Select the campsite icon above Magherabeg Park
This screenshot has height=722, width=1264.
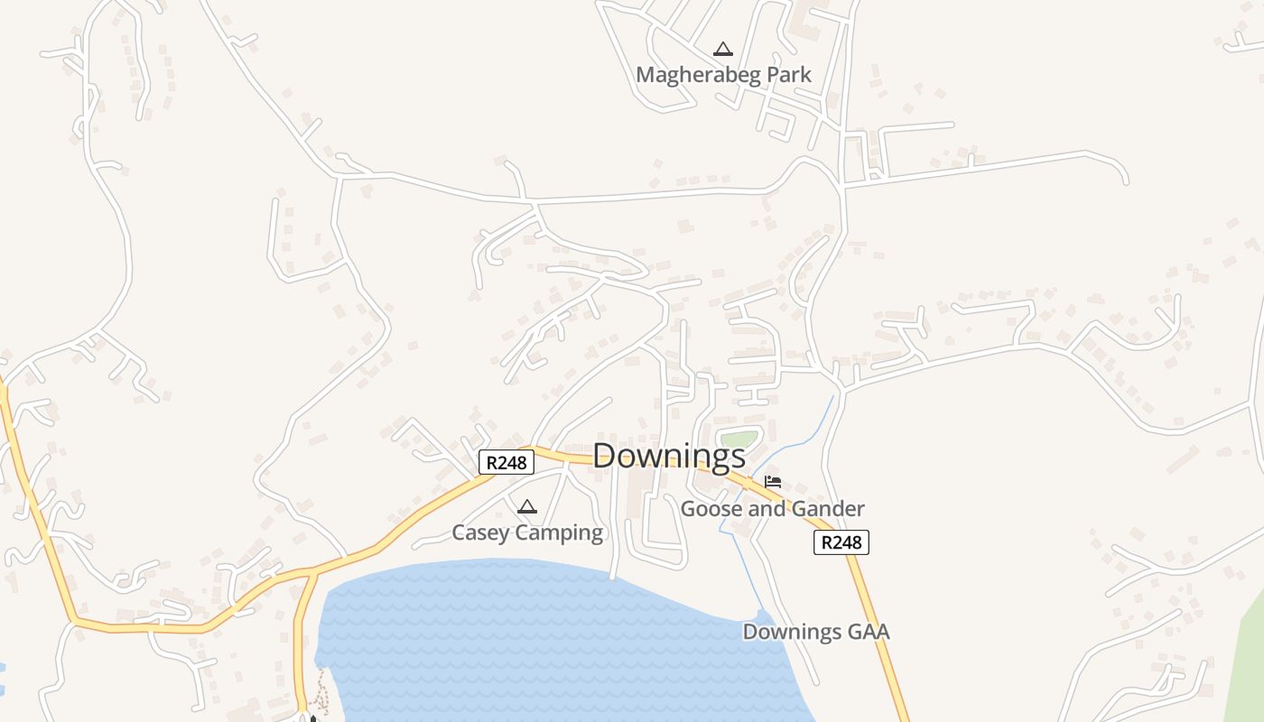[722, 49]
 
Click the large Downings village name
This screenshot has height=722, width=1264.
[669, 456]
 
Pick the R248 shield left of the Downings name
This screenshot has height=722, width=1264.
[506, 463]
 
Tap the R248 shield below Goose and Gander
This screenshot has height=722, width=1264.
[841, 542]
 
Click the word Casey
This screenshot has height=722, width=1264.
[481, 532]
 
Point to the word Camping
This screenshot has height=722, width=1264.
[560, 533]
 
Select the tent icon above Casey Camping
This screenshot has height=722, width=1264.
[527, 506]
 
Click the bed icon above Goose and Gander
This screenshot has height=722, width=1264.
[773, 481]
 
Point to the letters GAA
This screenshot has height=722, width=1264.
[867, 632]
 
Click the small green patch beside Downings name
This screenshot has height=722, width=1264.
[738, 440]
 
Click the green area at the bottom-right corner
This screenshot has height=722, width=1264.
[1250, 668]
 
